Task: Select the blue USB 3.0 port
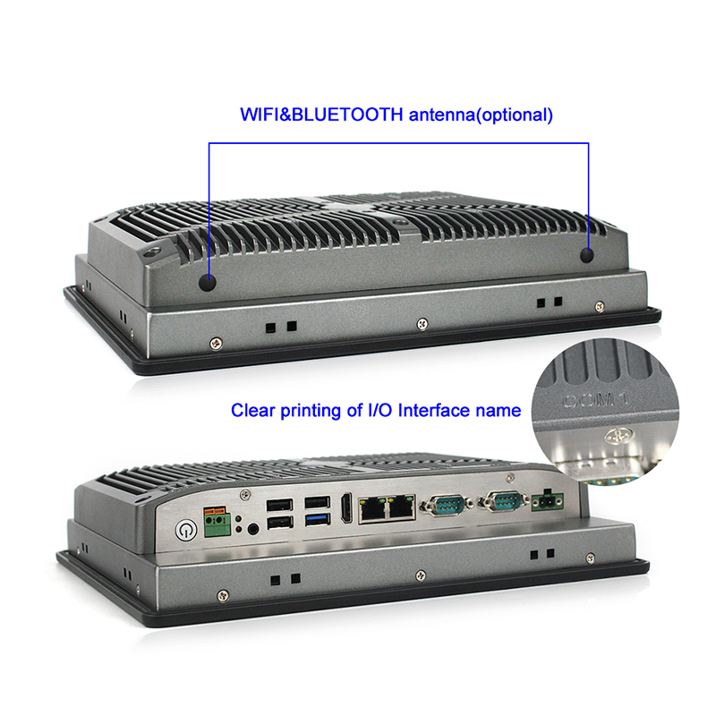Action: pos(315,519)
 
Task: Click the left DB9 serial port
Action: pos(445,507)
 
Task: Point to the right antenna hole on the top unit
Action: pos(588,255)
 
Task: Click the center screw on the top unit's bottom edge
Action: pos(422,326)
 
